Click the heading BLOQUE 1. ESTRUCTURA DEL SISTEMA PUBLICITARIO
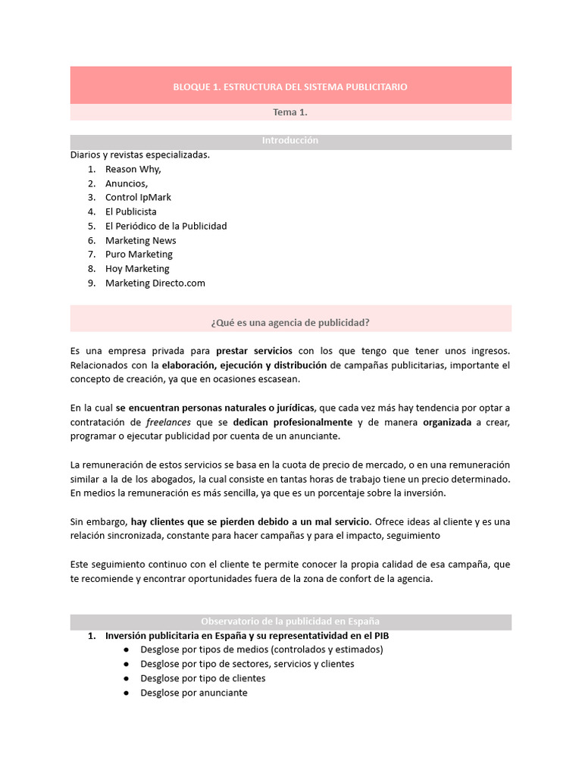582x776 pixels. pos(290,87)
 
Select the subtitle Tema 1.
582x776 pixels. pos(290,112)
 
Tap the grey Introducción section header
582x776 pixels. pos(290,141)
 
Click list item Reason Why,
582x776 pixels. pos(133,169)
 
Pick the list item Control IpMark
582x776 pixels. pos(138,198)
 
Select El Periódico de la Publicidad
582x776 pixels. pos(166,226)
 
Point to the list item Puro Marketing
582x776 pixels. pos(139,254)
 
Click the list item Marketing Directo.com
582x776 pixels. pos(155,283)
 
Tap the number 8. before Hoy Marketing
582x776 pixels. pos(91,268)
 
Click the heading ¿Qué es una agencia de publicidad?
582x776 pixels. pos(290,322)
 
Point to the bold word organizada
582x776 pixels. pos(447,422)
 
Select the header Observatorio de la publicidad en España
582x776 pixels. pos(290,621)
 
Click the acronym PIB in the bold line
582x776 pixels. pos(380,636)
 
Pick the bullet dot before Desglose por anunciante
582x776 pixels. pos(125,693)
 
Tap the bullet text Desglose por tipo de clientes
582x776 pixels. pos(202,678)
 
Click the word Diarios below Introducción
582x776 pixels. pos(86,155)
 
